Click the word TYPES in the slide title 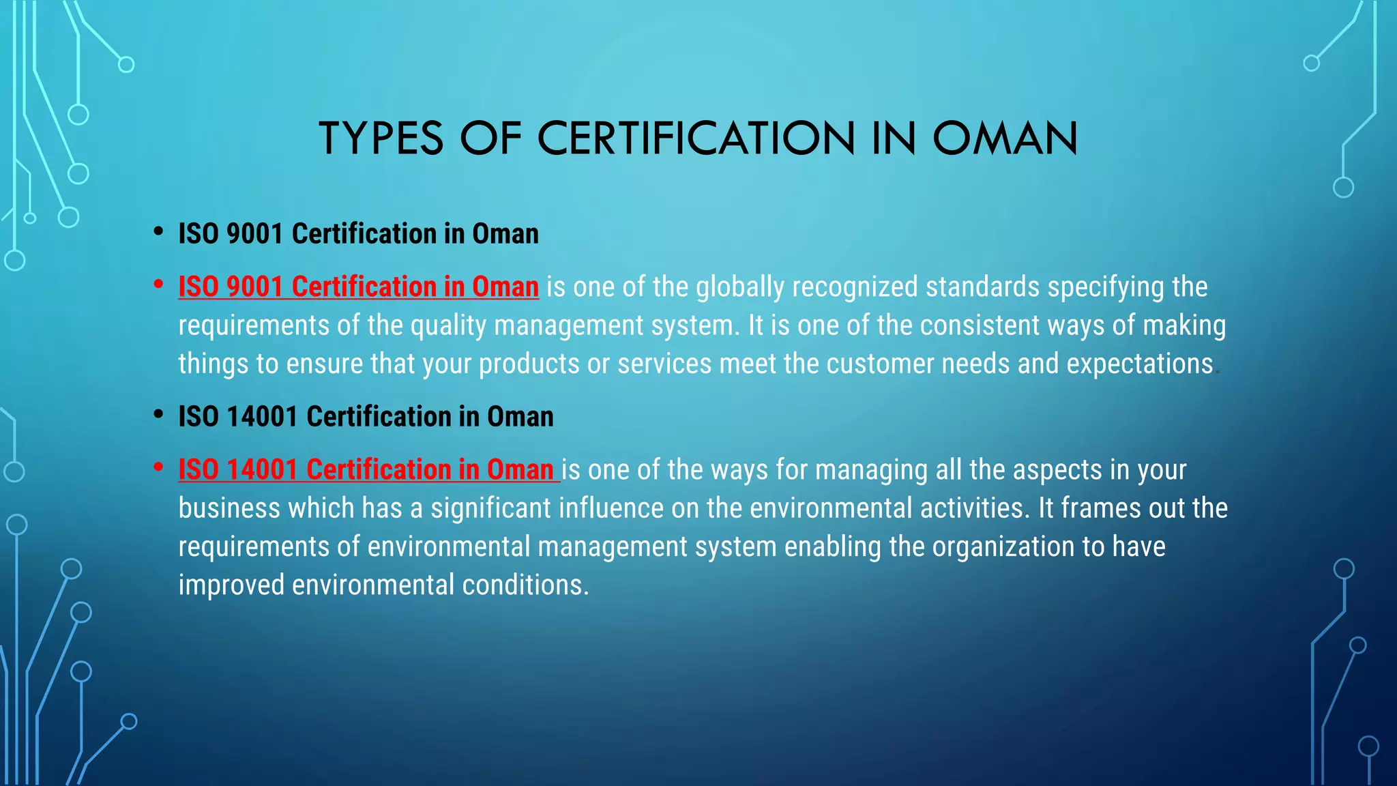(381, 139)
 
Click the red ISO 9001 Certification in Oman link (358, 287)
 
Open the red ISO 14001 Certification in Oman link (366, 470)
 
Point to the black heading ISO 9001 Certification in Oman (358, 234)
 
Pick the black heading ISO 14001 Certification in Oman (366, 417)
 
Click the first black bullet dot (158, 231)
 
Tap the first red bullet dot (158, 285)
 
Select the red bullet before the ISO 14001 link (158, 467)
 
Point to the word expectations (1139, 364)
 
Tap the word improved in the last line (231, 585)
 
